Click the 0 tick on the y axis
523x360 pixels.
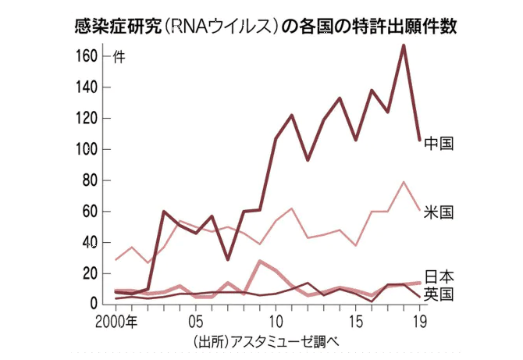click(95, 304)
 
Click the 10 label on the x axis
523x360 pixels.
click(275, 320)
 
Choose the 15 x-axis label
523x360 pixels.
click(355, 320)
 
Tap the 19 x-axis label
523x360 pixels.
click(419, 320)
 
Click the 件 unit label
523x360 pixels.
click(118, 56)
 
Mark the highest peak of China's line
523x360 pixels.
click(403, 45)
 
